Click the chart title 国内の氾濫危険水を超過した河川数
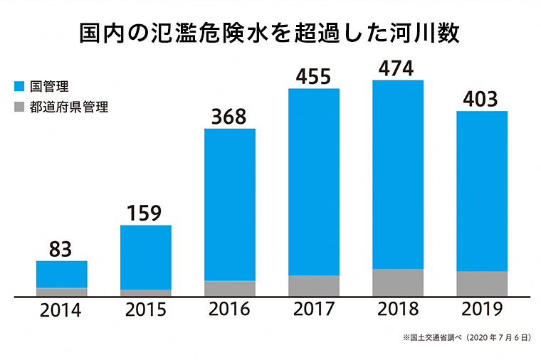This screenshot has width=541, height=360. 270,33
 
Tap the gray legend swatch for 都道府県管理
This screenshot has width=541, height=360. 20,109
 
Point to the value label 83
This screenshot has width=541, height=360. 61,248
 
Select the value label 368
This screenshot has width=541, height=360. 229,115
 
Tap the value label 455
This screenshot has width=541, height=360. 313,76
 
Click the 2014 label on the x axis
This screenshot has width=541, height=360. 61,310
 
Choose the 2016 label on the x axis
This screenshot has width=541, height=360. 229,310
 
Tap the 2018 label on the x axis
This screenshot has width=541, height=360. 397,310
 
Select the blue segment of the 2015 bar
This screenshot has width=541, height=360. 145,257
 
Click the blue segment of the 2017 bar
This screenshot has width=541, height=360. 313,181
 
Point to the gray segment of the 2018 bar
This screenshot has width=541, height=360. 397,282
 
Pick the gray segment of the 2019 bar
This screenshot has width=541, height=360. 481,283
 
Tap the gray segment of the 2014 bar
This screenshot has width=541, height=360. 61,292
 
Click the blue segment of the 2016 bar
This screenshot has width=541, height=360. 229,204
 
